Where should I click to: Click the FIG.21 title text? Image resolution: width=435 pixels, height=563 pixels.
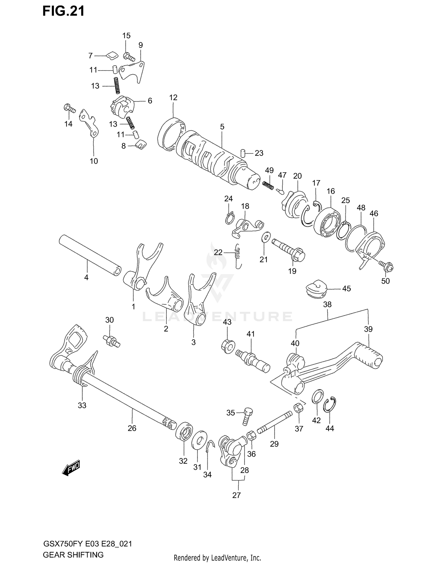click(x=64, y=11)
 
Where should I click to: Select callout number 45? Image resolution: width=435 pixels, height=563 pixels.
click(x=346, y=289)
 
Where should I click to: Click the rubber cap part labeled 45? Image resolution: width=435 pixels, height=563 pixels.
click(x=316, y=288)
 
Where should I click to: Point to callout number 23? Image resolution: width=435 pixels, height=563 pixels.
click(x=259, y=153)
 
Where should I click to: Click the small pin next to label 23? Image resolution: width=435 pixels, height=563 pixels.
click(x=243, y=153)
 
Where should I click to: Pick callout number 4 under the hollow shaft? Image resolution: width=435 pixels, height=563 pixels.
click(x=86, y=278)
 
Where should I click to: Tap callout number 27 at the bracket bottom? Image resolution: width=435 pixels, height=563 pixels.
click(x=236, y=495)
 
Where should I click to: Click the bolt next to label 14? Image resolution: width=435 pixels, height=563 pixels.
click(x=69, y=109)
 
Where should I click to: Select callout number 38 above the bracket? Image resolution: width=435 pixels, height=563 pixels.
click(x=327, y=305)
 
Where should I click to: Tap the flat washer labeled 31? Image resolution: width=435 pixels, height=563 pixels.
click(x=199, y=441)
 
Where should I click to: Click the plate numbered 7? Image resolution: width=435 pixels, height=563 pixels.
click(x=111, y=55)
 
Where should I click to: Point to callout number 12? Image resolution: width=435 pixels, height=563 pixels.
click(x=173, y=97)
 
